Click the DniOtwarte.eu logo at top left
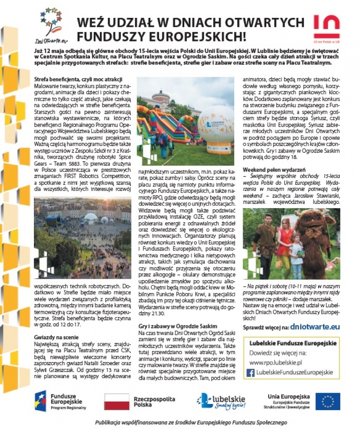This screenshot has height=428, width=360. coord(50,25)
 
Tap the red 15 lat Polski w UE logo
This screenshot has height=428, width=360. coord(327,27)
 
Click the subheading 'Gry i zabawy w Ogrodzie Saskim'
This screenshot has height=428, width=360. coord(177,326)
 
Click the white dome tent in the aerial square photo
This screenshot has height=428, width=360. coord(91,218)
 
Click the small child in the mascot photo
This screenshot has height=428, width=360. coord(296,255)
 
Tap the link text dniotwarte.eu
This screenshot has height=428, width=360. coord(314,327)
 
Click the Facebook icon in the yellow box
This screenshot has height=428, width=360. coord(251,372)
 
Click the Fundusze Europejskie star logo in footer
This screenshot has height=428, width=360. coord(41,400)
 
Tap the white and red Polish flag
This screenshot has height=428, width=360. coord(116,401)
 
